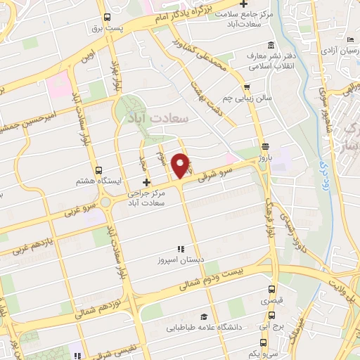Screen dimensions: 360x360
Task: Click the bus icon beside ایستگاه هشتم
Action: coord(98,169)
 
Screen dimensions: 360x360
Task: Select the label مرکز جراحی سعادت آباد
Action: coord(150,198)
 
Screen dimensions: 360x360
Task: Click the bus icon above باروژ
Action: coord(264,146)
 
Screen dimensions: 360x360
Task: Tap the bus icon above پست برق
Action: coord(107,18)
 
